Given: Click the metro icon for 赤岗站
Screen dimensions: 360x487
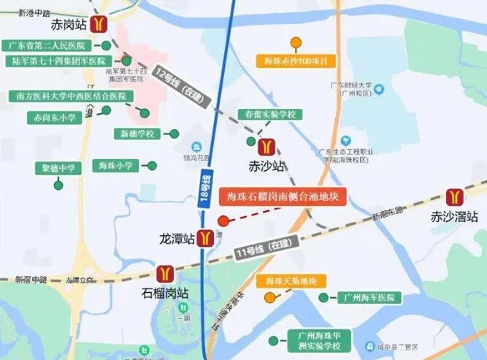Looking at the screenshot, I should click(x=98, y=24).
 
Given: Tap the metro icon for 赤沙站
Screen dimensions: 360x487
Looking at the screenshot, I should click(x=266, y=147).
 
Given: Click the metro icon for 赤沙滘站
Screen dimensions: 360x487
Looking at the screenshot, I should click(x=454, y=197).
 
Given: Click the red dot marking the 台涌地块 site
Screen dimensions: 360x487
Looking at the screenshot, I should click(x=223, y=221).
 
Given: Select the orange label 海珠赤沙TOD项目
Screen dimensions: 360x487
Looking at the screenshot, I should click(x=296, y=61).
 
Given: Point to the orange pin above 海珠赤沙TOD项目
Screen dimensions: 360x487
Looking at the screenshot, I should click(x=296, y=42).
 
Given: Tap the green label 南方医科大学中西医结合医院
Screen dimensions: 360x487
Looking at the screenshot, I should click(x=71, y=96).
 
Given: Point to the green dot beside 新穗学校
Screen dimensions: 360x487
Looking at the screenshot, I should click(x=173, y=134).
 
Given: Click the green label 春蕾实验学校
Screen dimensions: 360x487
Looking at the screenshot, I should click(x=270, y=115).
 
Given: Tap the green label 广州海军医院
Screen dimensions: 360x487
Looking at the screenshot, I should click(x=369, y=297).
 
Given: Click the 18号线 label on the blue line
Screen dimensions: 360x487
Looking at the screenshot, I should click(x=205, y=189).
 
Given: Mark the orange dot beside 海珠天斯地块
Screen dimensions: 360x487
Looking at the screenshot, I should click(x=270, y=297).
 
